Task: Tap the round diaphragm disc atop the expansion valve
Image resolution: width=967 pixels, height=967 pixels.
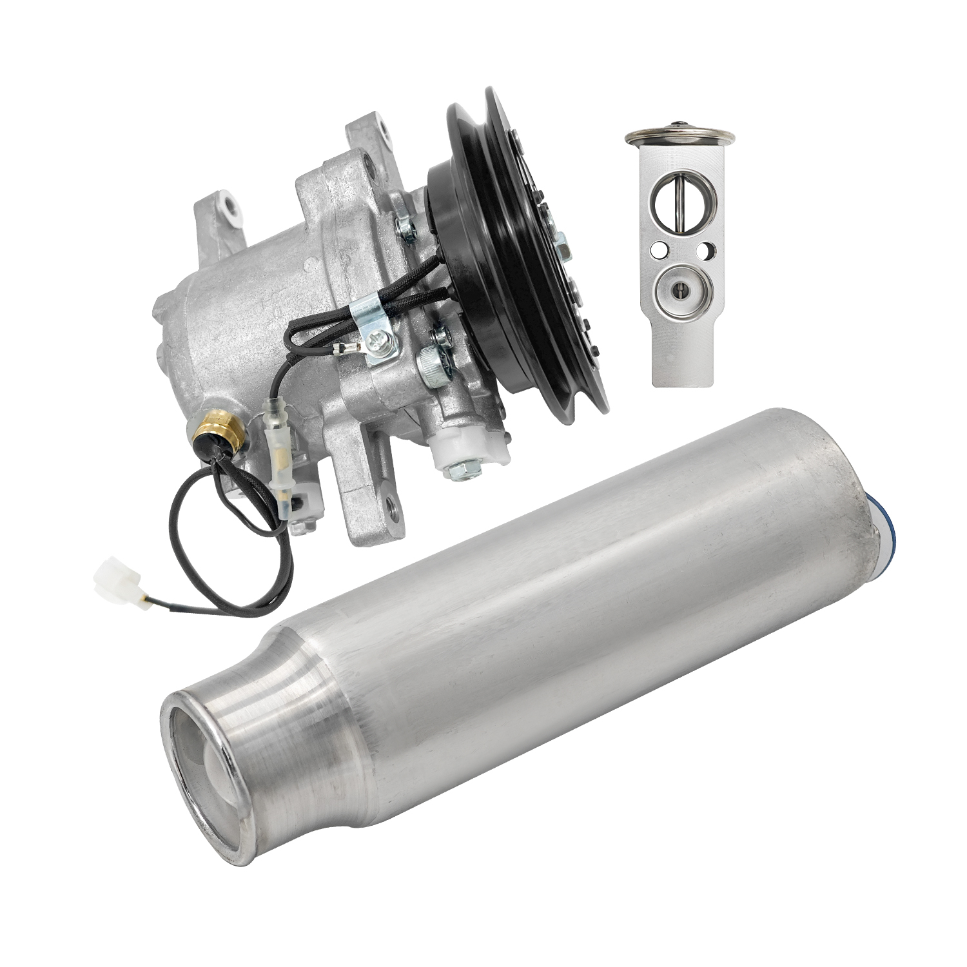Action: tap(680, 134)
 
